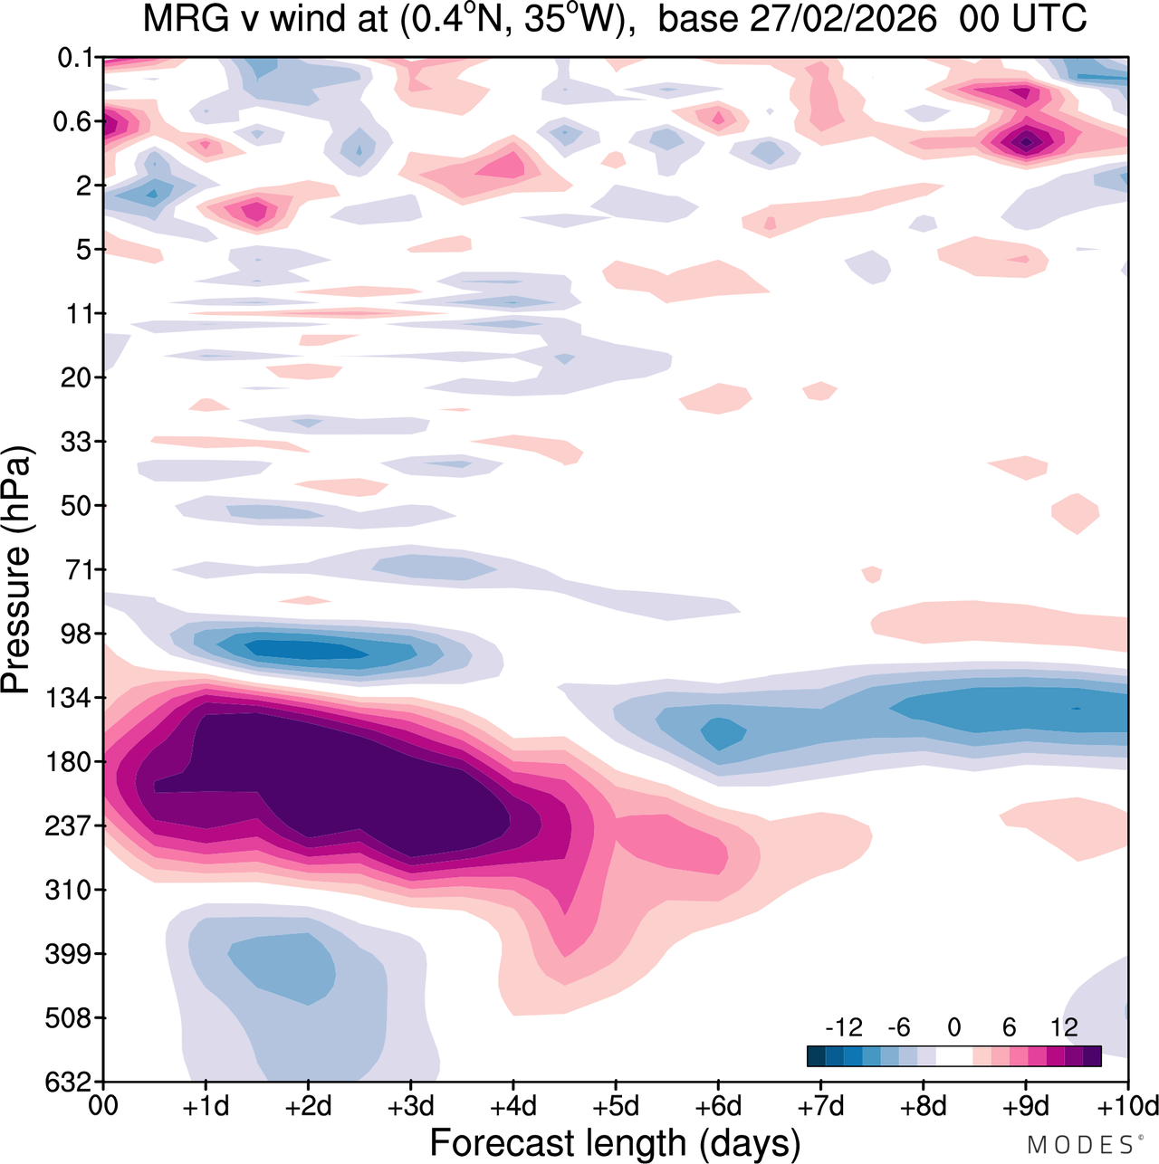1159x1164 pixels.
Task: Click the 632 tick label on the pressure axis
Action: coord(71,1081)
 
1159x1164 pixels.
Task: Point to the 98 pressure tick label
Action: coord(76,634)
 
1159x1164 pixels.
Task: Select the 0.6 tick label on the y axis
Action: coord(72,121)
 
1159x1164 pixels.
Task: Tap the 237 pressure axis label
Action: coord(71,825)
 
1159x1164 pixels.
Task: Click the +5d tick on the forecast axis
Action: coord(616,1106)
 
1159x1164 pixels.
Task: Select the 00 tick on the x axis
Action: coord(104,1106)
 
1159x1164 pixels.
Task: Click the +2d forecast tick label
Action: coord(309,1106)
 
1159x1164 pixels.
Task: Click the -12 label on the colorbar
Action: coord(844,1027)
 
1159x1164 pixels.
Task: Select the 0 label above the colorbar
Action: coord(953,1027)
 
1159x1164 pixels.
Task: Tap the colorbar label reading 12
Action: coord(1064,1027)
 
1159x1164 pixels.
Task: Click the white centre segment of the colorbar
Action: coord(953,1055)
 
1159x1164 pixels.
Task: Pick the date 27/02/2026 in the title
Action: coord(843,19)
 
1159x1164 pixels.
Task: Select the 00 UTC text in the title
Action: coord(1022,19)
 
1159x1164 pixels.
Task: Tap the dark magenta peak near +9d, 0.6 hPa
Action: coord(1026,140)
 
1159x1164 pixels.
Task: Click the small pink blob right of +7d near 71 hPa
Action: coord(872,574)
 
